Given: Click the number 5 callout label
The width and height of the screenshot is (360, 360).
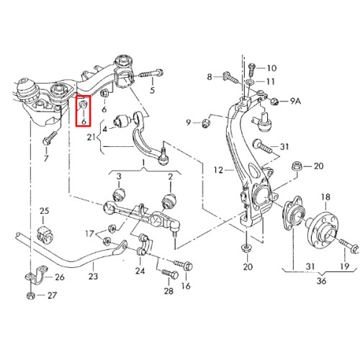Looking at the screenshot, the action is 153,90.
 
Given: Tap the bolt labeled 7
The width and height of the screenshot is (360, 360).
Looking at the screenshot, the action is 50,138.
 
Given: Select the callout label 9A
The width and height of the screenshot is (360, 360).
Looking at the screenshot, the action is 295,101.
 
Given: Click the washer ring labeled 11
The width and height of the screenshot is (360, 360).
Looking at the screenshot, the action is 249,82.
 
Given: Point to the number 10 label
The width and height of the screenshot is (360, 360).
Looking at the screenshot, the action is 271,68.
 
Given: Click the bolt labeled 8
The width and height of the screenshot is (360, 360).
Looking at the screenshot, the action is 232,77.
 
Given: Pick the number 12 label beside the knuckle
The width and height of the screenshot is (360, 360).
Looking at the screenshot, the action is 218,170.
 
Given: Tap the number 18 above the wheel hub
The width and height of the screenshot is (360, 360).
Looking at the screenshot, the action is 325,197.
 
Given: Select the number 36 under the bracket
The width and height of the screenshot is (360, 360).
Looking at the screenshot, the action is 321,281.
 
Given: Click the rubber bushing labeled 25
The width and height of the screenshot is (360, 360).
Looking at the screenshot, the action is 45,233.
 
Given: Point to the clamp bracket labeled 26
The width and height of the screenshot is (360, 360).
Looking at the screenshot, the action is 36,274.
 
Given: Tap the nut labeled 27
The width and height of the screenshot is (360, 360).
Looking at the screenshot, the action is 31,296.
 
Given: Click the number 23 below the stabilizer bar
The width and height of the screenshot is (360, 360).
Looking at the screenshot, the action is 93,276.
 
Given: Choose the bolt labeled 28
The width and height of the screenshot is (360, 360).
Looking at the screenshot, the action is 170,274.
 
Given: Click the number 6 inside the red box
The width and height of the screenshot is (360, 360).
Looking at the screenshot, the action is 84,121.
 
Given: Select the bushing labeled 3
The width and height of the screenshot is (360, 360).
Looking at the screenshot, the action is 120,194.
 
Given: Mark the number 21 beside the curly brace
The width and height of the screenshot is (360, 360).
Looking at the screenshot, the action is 91,138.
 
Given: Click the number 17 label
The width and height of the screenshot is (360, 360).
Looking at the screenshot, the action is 89,233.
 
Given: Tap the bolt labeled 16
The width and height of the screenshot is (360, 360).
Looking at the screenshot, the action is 183,265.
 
